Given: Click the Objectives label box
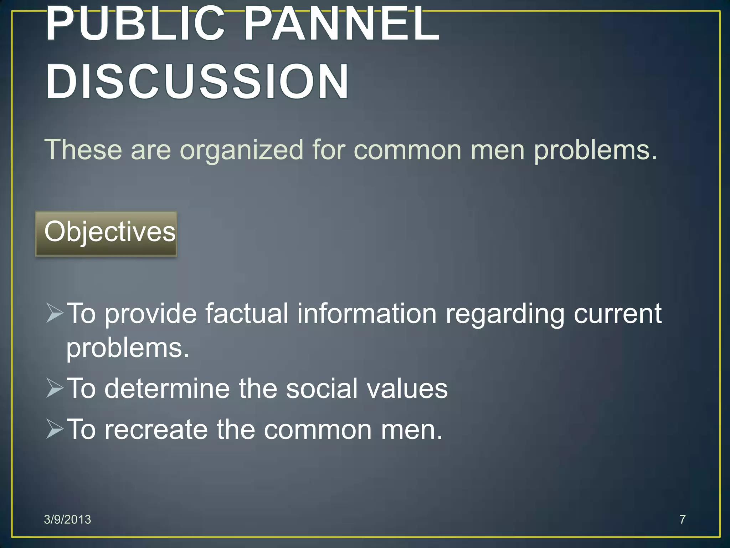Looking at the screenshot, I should (x=106, y=234).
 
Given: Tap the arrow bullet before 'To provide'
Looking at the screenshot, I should (x=55, y=313).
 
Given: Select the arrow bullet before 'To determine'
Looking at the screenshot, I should (x=55, y=388).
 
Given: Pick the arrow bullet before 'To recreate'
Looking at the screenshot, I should (x=55, y=429).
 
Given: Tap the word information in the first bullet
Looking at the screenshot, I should (x=367, y=313).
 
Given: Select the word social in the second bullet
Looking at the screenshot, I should (x=322, y=388).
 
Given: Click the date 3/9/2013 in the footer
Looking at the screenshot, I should (x=67, y=519).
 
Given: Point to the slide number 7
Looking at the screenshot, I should (x=682, y=519).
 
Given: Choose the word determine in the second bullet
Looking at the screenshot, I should (x=167, y=388).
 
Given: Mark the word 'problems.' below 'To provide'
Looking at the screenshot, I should (x=128, y=348).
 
